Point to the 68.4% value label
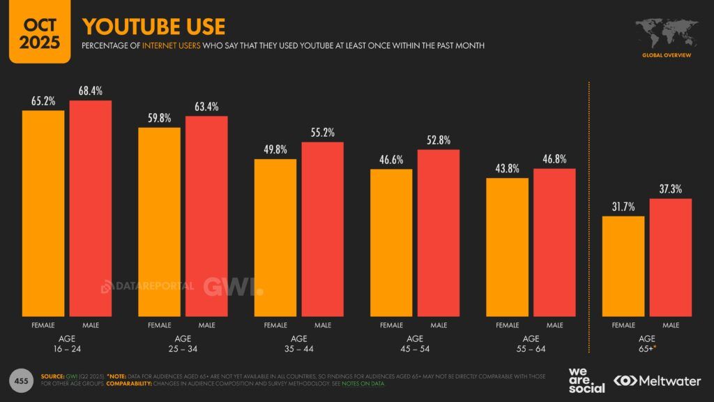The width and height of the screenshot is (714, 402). coord(91,91)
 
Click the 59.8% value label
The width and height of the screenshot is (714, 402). coord(160,118)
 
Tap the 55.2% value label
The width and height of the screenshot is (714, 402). coord(323,133)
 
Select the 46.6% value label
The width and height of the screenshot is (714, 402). coord(392,160)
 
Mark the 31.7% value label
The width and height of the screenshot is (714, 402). coord(623,207)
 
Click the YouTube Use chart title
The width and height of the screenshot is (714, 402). coord(153,27)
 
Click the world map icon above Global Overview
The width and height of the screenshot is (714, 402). coord(666,31)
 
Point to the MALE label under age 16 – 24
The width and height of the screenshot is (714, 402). coord(91,325)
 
